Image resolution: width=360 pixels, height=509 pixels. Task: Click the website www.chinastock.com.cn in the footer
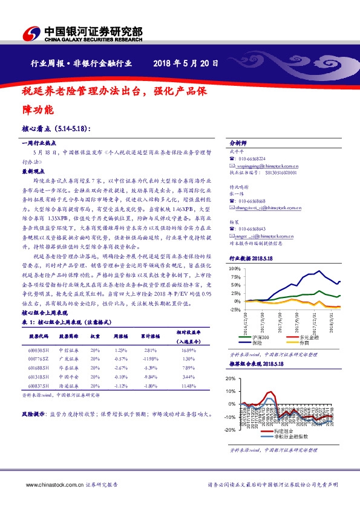50,484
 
